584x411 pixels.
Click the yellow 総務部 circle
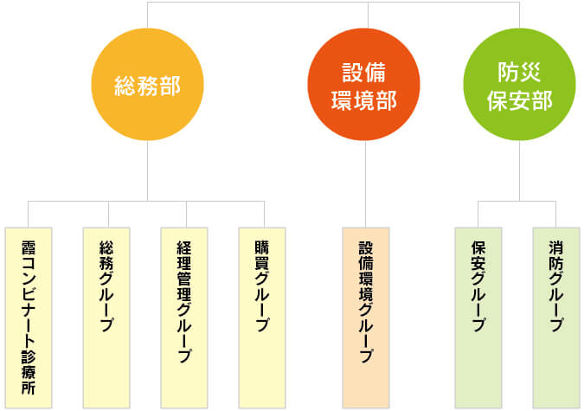click(x=147, y=84)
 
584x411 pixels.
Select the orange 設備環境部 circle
click(x=364, y=84)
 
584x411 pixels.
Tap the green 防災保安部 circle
click(x=520, y=84)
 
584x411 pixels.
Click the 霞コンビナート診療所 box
click(x=29, y=318)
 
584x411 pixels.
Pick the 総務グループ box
click(x=106, y=318)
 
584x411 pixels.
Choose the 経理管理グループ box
click(x=184, y=318)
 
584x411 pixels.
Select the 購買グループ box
click(x=262, y=318)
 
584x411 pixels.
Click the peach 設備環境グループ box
click(x=366, y=318)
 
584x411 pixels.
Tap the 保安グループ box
click(x=478, y=318)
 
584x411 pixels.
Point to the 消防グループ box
click(x=556, y=318)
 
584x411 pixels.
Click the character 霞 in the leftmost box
click(x=29, y=247)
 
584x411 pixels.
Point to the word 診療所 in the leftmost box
click(x=29, y=373)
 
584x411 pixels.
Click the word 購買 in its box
click(x=262, y=255)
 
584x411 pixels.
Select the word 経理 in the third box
click(x=184, y=255)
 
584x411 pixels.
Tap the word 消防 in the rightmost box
click(x=556, y=255)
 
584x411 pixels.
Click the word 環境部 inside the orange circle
click(x=364, y=100)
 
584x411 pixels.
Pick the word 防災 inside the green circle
click(x=520, y=72)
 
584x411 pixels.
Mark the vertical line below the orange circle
click(x=366, y=184)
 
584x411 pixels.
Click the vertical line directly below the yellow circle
click(x=147, y=170)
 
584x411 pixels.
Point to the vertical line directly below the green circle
click(x=520, y=170)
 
